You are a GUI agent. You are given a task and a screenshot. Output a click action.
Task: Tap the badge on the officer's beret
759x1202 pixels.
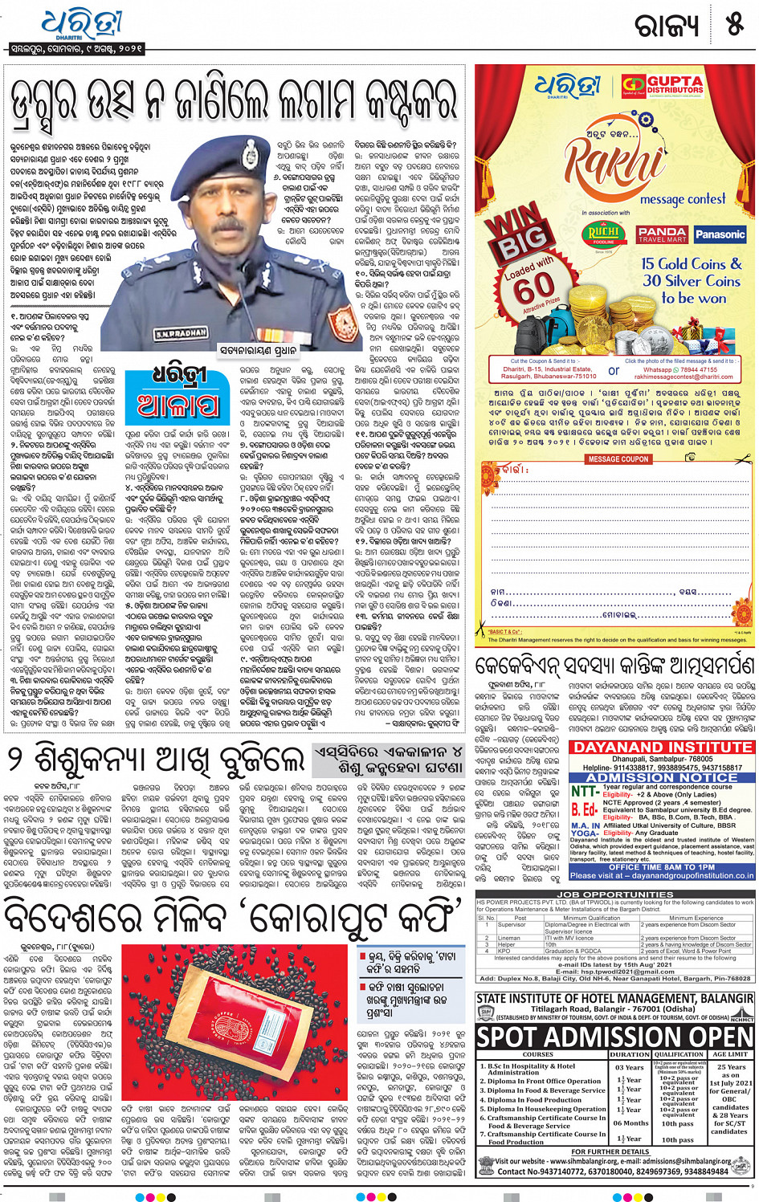(251, 151)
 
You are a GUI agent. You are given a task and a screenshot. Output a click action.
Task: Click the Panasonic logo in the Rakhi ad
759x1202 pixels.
(720, 234)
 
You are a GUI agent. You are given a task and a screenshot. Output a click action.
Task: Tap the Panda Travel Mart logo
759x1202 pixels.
(662, 234)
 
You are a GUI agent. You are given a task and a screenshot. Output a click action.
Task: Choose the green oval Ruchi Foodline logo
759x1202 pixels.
(604, 235)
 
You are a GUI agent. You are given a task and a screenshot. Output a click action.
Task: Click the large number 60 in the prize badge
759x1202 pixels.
(533, 285)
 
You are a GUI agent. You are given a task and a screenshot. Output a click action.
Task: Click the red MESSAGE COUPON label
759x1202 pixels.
(618, 459)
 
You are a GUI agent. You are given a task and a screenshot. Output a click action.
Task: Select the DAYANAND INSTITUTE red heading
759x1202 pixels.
(662, 747)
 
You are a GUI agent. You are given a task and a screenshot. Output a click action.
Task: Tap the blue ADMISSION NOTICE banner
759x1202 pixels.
(662, 778)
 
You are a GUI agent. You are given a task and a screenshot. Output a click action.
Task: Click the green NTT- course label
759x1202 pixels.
(584, 791)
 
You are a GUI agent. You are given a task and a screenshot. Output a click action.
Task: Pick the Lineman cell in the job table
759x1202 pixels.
(508, 938)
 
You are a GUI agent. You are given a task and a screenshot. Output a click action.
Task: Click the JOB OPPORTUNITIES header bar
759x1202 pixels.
(615, 894)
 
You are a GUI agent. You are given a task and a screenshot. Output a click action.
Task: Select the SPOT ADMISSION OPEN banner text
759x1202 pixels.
(615, 1037)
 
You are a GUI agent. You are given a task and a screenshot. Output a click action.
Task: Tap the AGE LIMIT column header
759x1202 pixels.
(729, 1054)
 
